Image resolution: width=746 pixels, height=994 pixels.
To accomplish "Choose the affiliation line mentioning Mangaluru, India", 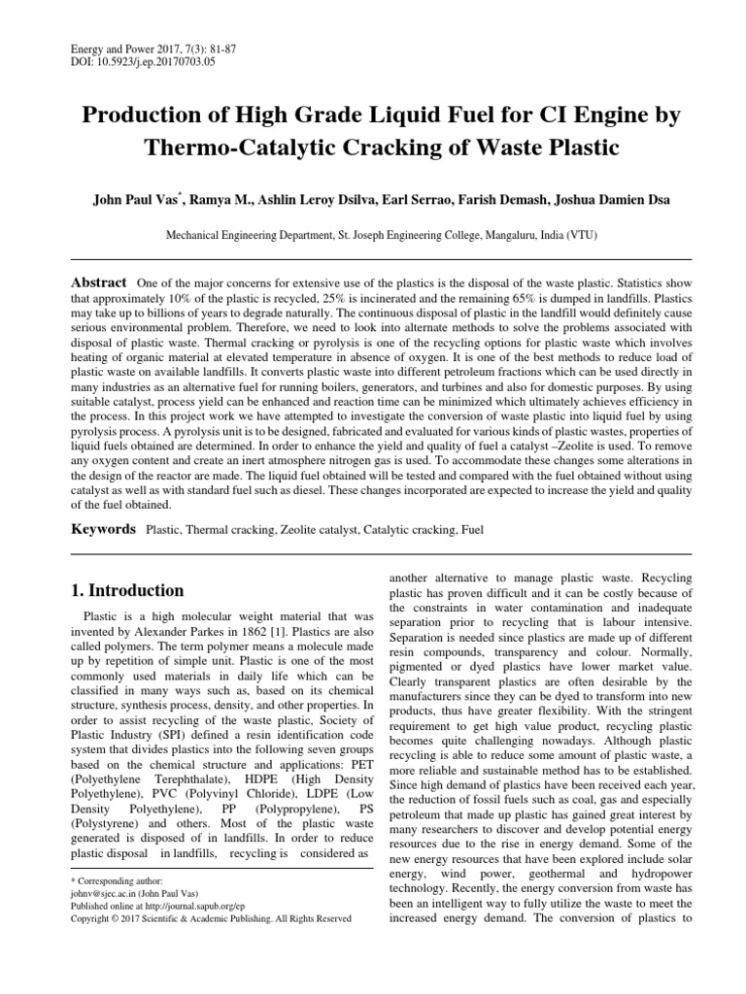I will (x=372, y=234).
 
